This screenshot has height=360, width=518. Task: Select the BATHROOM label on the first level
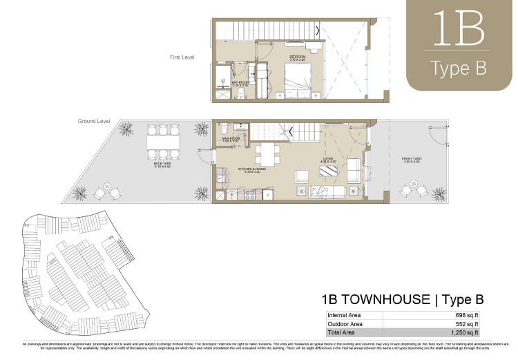click(241, 82)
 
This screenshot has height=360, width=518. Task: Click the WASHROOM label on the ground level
click(231, 138)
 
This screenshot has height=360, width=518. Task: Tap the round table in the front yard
click(415, 187)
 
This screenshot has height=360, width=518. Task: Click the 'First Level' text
click(182, 57)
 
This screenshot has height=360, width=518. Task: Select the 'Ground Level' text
click(94, 121)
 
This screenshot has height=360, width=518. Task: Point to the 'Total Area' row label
click(343, 332)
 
